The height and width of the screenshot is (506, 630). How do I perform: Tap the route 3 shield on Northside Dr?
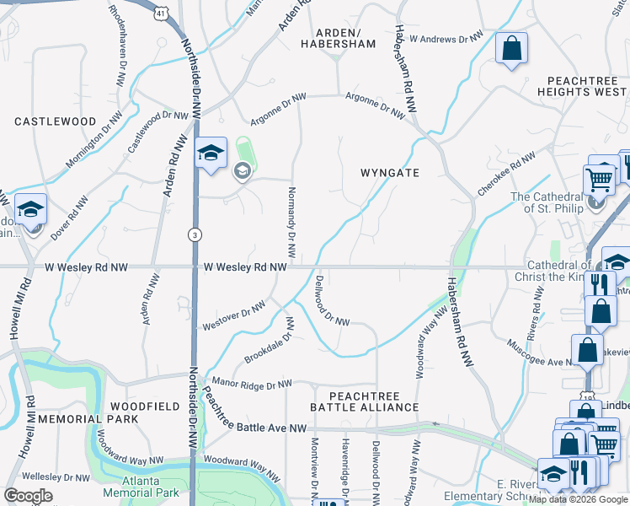(195, 234)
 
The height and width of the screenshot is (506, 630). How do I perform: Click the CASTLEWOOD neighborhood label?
(56, 121)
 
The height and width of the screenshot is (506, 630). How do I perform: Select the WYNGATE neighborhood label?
(389, 172)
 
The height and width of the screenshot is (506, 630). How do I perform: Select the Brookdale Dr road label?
(268, 347)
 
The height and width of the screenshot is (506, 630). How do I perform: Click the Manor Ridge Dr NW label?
(252, 383)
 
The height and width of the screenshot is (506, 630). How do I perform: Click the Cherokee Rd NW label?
(506, 175)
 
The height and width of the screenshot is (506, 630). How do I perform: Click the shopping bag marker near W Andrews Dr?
(510, 48)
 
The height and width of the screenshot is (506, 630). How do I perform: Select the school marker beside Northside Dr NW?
(211, 153)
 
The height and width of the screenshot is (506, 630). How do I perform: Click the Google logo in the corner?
(28, 495)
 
